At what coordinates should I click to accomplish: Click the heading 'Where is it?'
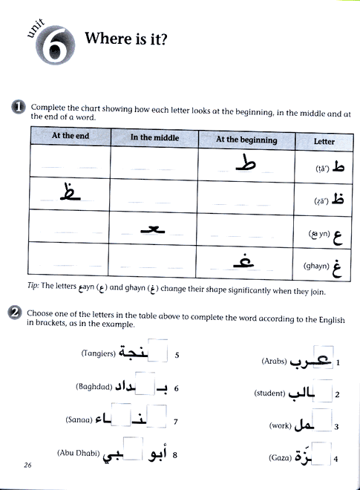click(126, 39)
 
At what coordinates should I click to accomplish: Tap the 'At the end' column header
click(71, 137)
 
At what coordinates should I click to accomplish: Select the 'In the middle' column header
click(154, 137)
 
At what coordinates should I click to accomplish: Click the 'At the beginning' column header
click(246, 140)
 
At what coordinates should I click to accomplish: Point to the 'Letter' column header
click(324, 141)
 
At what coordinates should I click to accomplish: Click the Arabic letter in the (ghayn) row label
click(338, 266)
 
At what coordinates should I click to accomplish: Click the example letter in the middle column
click(154, 226)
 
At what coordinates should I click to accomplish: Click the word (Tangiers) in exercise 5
click(96, 354)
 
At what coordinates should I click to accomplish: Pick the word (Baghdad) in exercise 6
click(94, 387)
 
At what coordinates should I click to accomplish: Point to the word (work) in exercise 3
click(280, 427)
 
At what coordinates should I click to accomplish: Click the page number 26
click(27, 465)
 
